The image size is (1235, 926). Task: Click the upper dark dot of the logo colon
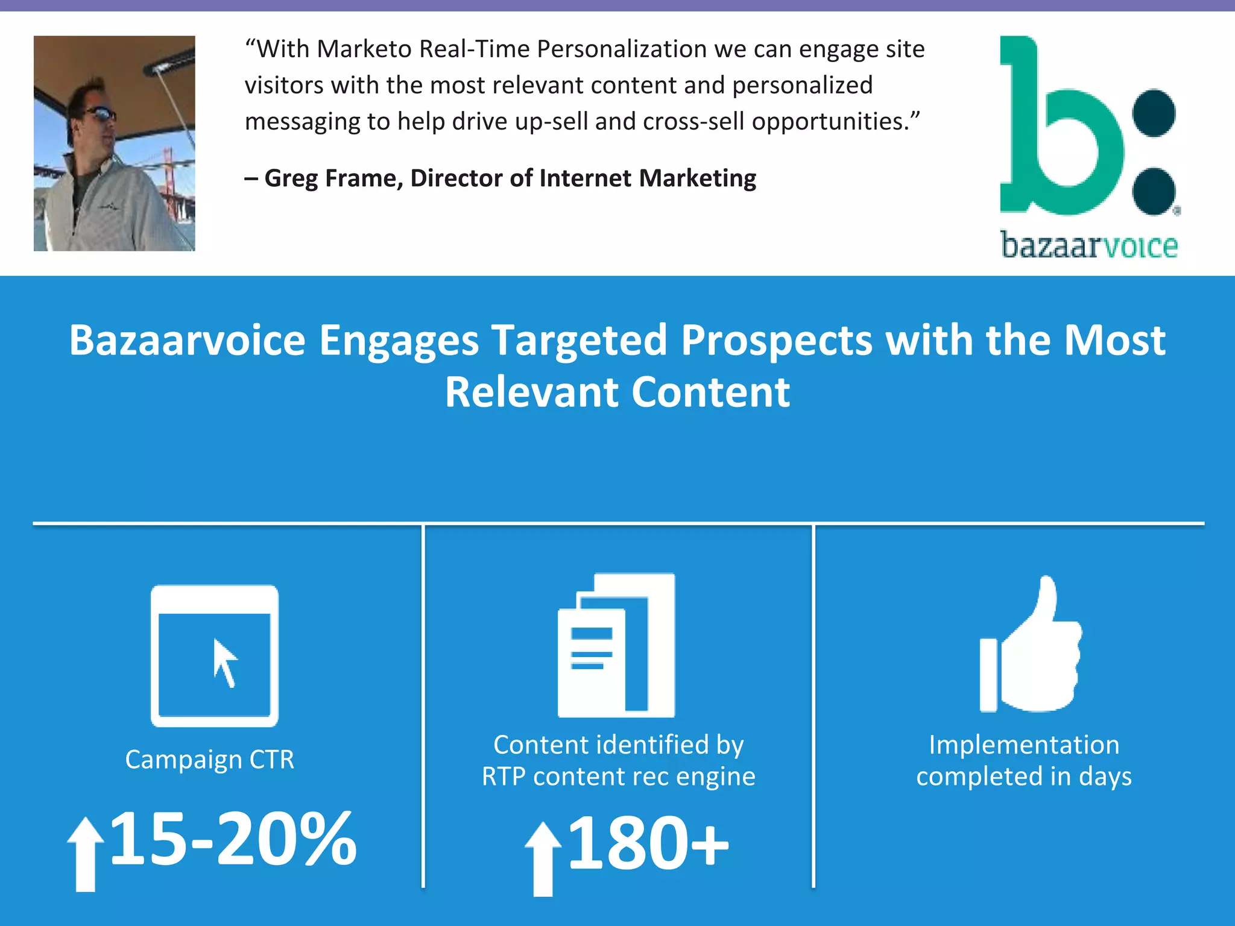tap(1154, 113)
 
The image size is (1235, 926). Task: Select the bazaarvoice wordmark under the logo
tap(1089, 245)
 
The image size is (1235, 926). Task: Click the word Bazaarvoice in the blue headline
tap(188, 341)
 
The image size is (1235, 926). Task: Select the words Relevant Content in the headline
tap(617, 392)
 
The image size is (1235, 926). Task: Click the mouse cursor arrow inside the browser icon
tap(225, 663)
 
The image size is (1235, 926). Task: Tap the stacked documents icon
tap(616, 645)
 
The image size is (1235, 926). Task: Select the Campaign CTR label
tap(210, 760)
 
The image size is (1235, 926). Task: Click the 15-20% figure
tap(234, 839)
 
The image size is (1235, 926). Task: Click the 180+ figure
tap(648, 843)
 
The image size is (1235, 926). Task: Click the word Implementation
tap(1024, 745)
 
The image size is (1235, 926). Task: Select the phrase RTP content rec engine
tap(618, 776)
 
